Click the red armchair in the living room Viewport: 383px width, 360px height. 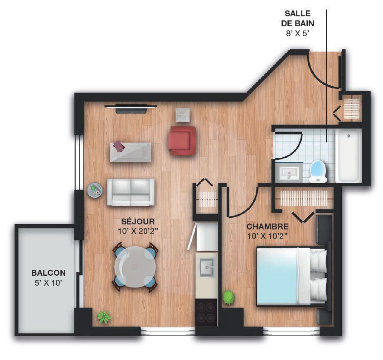pyautogui.click(x=182, y=141)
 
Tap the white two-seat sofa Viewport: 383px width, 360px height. pyautogui.click(x=131, y=192)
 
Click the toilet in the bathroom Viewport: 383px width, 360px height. pyautogui.click(x=318, y=171)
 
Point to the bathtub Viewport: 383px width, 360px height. pyautogui.click(x=349, y=156)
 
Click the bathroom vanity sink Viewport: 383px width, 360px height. pyautogui.click(x=289, y=172)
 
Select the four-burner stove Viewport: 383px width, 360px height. pyautogui.click(x=206, y=312)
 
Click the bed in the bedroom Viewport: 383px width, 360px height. pyautogui.click(x=292, y=277)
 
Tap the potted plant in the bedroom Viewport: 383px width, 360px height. pyautogui.click(x=228, y=297)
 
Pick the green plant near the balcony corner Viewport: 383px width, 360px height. pyautogui.click(x=104, y=317)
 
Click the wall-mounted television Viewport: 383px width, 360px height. pyautogui.click(x=131, y=109)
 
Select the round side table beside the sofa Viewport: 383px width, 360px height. pyautogui.click(x=95, y=190)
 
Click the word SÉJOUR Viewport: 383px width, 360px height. pyautogui.click(x=138, y=221)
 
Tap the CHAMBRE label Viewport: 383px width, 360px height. pyautogui.click(x=267, y=227)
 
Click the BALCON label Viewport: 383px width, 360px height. pyautogui.click(x=48, y=272)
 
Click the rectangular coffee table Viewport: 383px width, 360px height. pyautogui.click(x=131, y=152)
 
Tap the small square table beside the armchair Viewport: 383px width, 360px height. pyautogui.click(x=183, y=115)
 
